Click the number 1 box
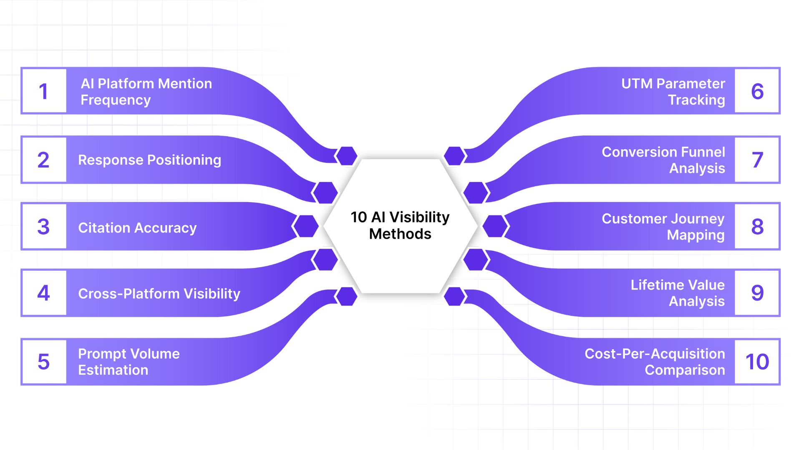point(44,91)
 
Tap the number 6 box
point(757,91)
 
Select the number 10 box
point(757,361)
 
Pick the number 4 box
point(44,293)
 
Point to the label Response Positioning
point(149,160)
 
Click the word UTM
point(637,84)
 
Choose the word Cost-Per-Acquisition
point(655,354)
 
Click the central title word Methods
point(400,234)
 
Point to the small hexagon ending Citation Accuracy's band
point(305,226)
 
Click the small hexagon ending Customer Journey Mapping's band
point(496,226)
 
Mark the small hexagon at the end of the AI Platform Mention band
point(346,156)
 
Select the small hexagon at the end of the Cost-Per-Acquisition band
point(455,296)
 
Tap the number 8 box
point(757,226)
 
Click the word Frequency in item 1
point(116,100)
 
